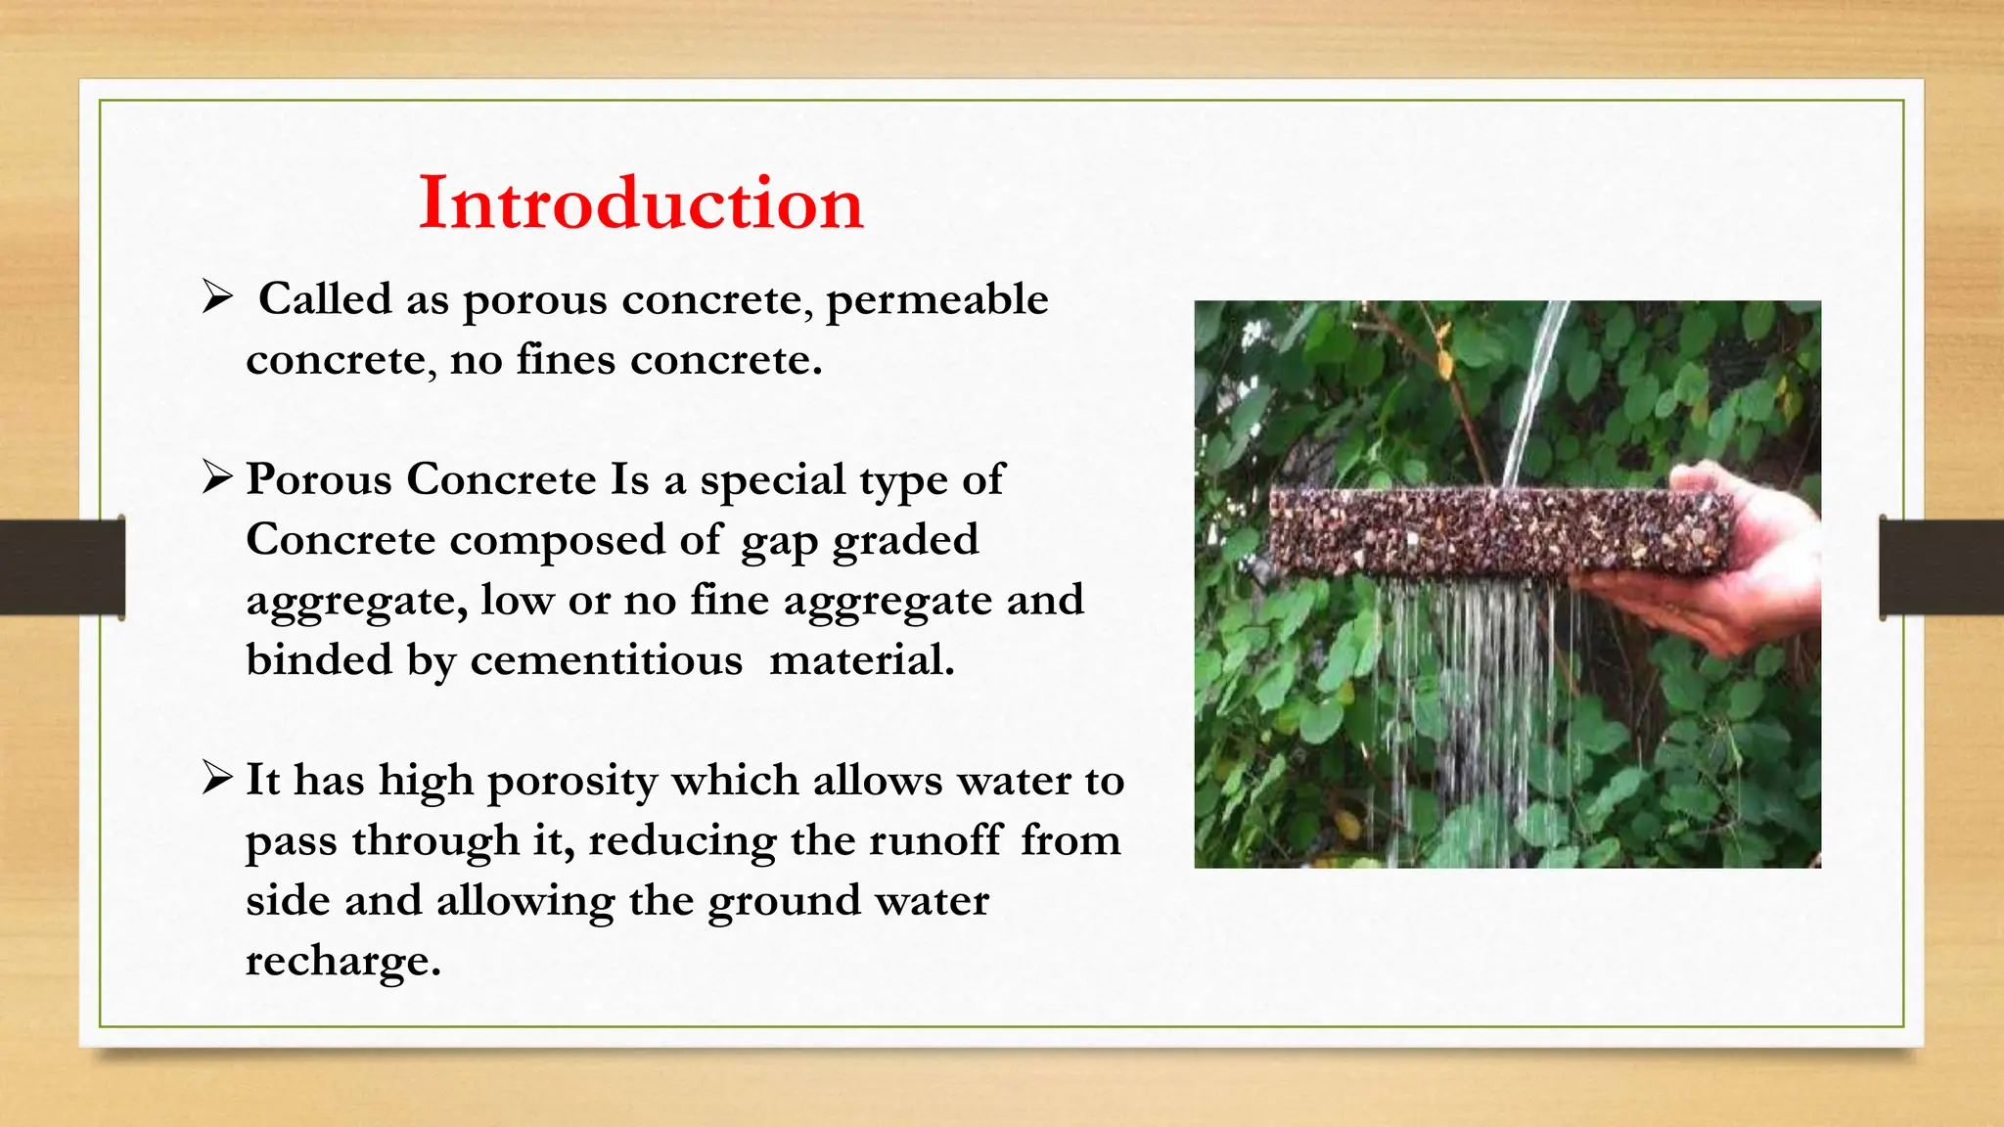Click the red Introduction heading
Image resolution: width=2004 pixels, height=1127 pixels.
[x=641, y=203]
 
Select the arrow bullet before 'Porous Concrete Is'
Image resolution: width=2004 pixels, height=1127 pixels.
[x=216, y=477]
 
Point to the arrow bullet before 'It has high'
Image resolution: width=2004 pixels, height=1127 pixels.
[x=216, y=779]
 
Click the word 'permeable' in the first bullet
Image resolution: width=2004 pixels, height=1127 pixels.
[x=936, y=299]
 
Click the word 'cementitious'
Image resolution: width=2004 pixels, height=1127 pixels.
[x=606, y=660]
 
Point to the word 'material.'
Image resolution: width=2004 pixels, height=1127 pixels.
[x=861, y=660]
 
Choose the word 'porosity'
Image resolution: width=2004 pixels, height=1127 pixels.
[x=572, y=782]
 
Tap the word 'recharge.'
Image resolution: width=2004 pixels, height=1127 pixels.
[x=342, y=961]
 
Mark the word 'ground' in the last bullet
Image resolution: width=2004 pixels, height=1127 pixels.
[x=784, y=901]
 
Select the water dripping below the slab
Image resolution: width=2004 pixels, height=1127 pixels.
[x=1468, y=685]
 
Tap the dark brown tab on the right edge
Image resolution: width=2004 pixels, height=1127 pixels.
[x=1941, y=567]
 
